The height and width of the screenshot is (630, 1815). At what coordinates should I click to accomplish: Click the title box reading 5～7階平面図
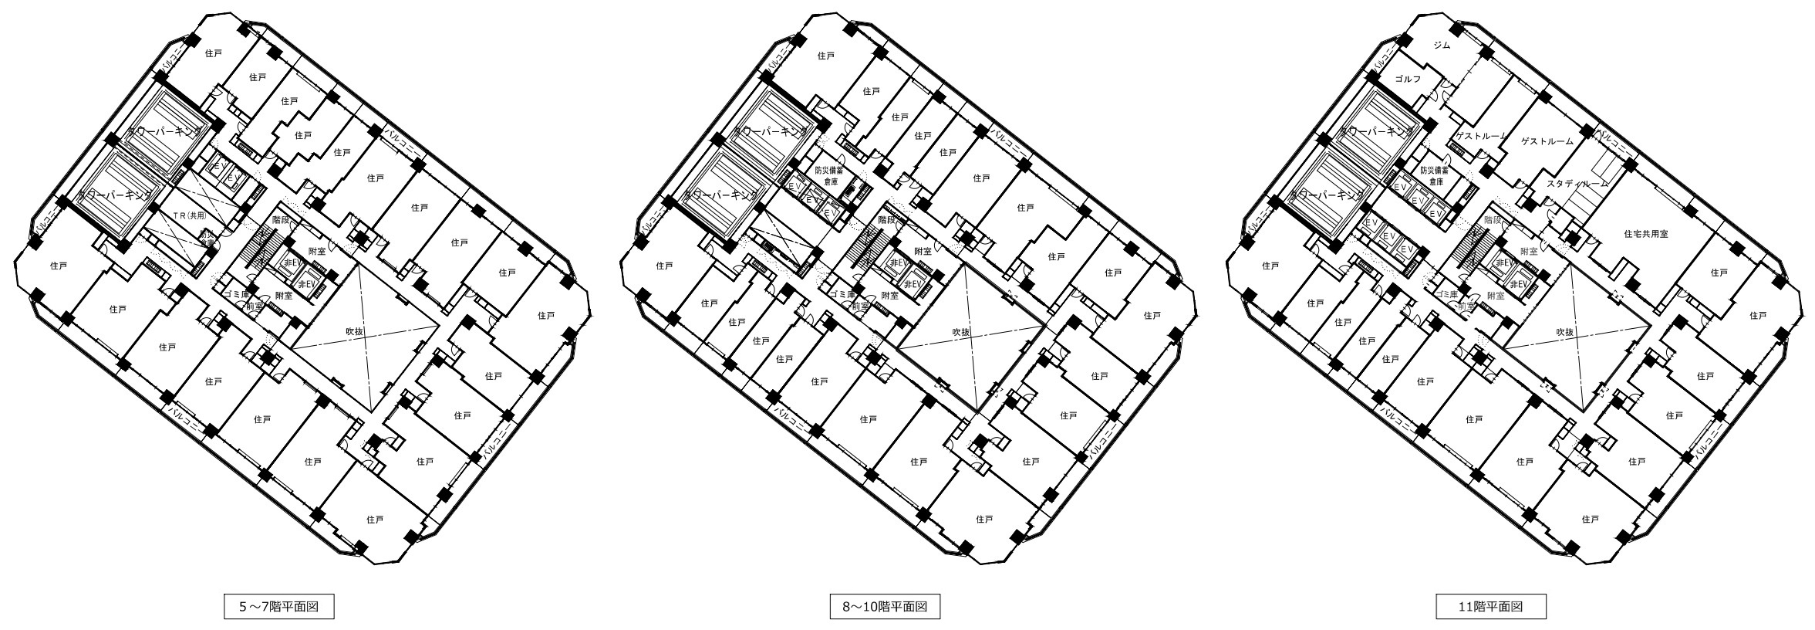[278, 607]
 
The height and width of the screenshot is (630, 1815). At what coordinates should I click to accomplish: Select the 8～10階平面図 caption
[885, 607]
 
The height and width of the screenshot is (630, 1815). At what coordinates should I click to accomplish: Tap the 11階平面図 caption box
[1490, 607]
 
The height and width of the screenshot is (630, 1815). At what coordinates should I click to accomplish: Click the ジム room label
[1442, 45]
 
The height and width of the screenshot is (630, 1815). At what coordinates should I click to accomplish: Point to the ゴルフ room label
[1408, 80]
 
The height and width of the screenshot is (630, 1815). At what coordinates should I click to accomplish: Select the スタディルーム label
[1578, 184]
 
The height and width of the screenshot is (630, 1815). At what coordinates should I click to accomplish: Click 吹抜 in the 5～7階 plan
[355, 332]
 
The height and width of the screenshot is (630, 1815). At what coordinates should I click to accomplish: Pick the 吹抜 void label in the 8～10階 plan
[960, 332]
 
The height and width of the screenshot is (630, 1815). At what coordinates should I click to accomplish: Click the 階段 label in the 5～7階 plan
[281, 219]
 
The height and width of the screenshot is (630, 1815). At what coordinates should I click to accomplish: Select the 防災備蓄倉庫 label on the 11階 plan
[1435, 175]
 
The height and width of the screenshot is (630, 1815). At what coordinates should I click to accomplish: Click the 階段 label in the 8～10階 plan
[886, 219]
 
